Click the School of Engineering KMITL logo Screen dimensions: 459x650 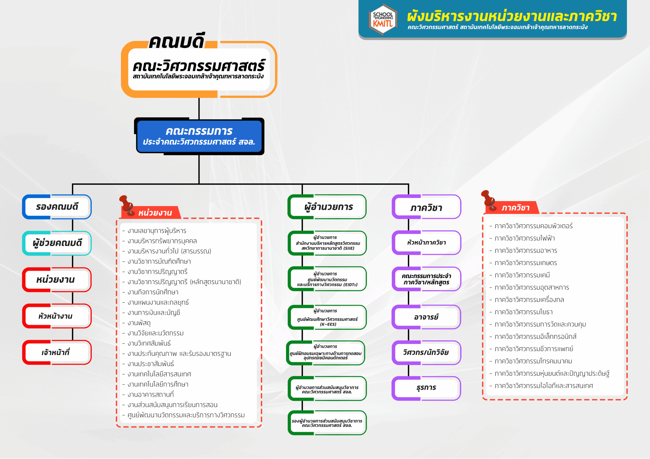(383, 19)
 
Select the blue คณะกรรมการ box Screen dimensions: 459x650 (199, 136)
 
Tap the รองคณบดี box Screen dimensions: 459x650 (57, 207)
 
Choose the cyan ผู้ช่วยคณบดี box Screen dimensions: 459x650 (57, 243)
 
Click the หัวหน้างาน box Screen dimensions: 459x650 (57, 316)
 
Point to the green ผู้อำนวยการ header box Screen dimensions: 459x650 (327, 207)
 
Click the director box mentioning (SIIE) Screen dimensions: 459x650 (327, 243)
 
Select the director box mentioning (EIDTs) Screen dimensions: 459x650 (327, 279)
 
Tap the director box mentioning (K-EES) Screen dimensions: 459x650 (327, 317)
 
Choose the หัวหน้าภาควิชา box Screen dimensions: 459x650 (426, 243)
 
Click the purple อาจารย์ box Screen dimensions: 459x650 (426, 317)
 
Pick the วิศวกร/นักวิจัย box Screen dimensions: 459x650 (426, 352)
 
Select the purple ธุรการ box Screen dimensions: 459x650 (426, 388)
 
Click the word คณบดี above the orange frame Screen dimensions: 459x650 (176, 42)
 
